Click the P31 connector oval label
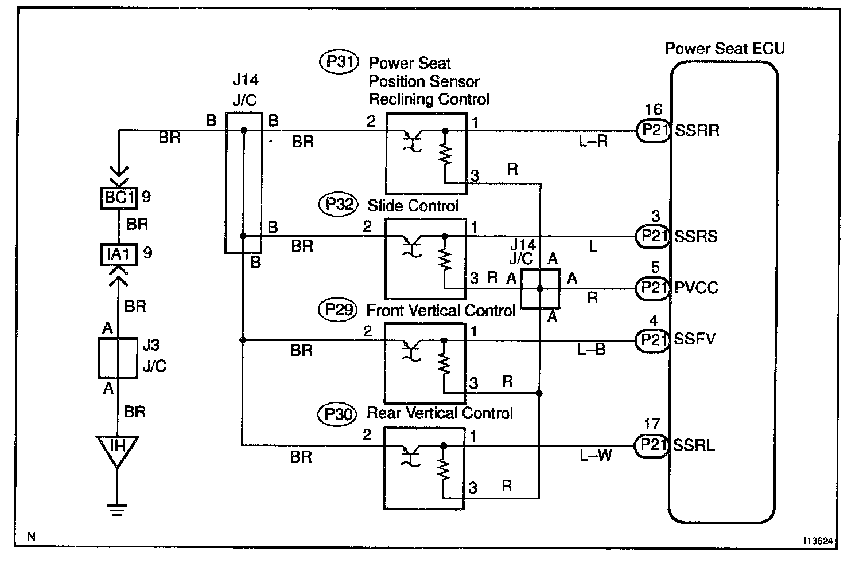click(x=339, y=62)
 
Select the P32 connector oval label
click(x=339, y=205)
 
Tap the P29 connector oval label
click(x=338, y=310)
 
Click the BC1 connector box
click(x=119, y=198)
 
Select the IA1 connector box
click(x=118, y=253)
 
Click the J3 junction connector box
click(x=118, y=358)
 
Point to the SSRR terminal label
click(x=697, y=131)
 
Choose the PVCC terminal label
click(x=696, y=288)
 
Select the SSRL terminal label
click(x=694, y=445)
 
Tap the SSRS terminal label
click(x=696, y=236)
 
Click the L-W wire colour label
click(x=596, y=456)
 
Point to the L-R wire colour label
click(x=593, y=141)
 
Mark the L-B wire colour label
click(x=592, y=350)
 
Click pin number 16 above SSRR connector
click(x=653, y=109)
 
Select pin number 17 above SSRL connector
click(x=652, y=425)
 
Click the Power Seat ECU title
click(x=724, y=49)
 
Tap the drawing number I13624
click(x=818, y=540)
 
